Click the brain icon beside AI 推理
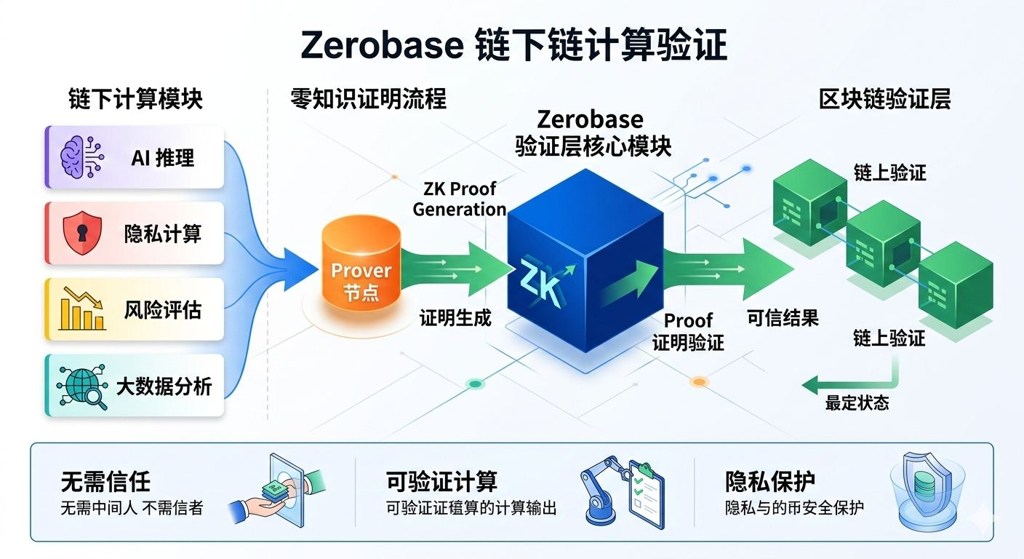[82, 157]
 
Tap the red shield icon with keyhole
[82, 233]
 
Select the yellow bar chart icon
[82, 309]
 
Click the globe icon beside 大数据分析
[82, 386]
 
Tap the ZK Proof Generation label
[460, 199]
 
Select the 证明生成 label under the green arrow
[455, 318]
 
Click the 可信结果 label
[783, 318]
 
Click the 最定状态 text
[857, 403]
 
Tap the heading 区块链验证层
[884, 99]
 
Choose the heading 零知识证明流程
[369, 99]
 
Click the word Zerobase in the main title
[382, 45]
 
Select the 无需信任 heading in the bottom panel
[105, 481]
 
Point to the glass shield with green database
[927, 492]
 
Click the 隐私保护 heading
[770, 481]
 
